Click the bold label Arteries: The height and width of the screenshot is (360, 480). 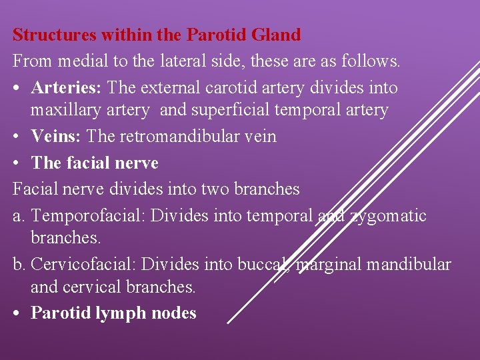(67, 87)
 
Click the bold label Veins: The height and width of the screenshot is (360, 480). (57, 136)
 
